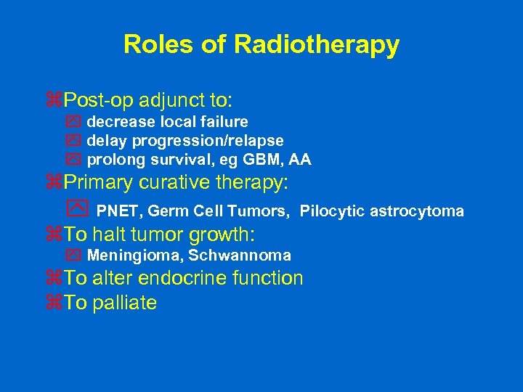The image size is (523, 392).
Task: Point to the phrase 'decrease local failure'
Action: tap(167, 122)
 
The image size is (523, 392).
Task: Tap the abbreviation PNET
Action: tap(119, 212)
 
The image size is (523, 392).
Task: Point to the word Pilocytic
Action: tap(333, 212)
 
